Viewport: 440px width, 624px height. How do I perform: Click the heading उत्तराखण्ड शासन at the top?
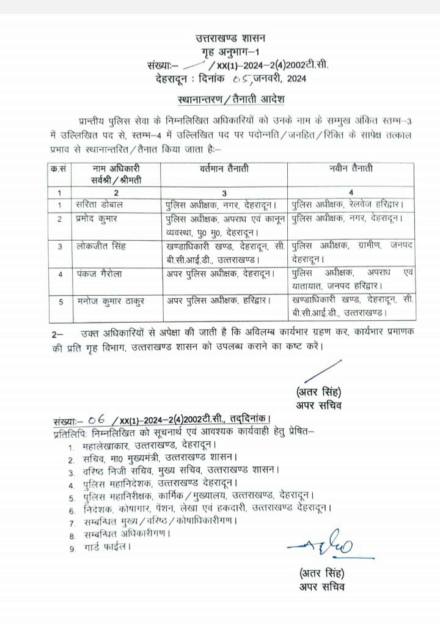pos(222,39)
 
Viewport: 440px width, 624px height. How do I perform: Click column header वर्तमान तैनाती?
pos(224,169)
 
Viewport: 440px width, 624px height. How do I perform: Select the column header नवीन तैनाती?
pos(350,169)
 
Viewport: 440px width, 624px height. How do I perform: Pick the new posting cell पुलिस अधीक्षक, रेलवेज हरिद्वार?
pos(350,204)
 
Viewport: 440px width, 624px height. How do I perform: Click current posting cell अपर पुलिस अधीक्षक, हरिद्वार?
pos(218,301)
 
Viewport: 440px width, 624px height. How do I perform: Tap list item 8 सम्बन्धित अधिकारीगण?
pos(127,534)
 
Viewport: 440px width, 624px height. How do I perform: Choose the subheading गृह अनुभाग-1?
pos(222,51)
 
